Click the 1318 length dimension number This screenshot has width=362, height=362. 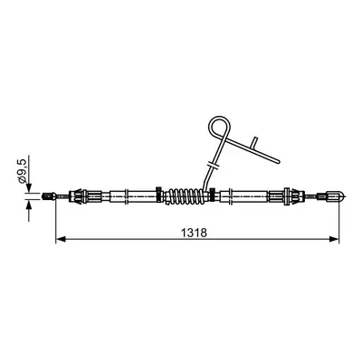tap(194, 233)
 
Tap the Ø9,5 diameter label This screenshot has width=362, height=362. tap(23, 171)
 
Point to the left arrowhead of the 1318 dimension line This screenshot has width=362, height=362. tap(61, 239)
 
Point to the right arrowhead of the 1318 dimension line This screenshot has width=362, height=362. tap(334, 239)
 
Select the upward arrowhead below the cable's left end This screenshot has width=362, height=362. tap(29, 206)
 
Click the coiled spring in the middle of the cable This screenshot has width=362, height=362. tap(185, 196)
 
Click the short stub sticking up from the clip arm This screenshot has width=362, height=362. tap(254, 143)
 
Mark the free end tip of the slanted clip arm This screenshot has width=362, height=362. tap(279, 162)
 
